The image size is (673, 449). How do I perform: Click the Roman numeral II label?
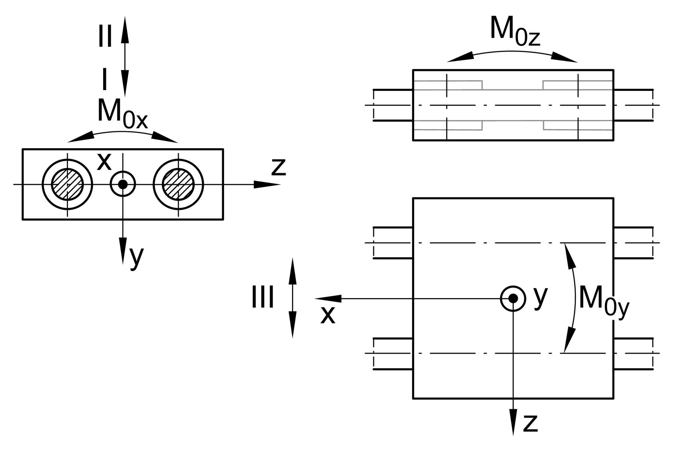tap(105, 37)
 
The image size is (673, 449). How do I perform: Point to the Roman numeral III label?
tap(262, 297)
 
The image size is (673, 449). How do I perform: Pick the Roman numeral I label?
tap(104, 80)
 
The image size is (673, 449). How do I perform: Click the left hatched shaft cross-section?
tap(67, 184)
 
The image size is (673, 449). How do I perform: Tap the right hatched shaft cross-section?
tap(178, 184)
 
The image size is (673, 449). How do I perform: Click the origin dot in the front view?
tap(123, 184)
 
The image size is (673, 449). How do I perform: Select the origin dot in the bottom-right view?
tap(513, 298)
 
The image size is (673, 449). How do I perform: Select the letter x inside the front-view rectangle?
tap(104, 162)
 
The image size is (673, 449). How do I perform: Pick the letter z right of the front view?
tap(279, 167)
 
